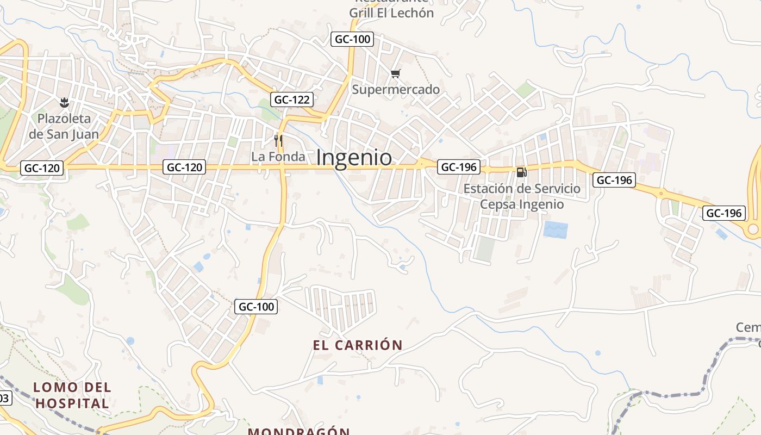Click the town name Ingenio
[354, 158]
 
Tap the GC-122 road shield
[292, 100]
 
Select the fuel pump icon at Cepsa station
[521, 172]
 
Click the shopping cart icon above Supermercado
[396, 73]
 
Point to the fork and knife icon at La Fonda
[278, 141]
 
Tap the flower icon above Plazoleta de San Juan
[64, 102]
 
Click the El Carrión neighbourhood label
[358, 345]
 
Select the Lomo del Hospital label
[72, 395]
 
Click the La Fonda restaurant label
[278, 157]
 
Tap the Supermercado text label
[396, 89]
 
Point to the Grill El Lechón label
[391, 12]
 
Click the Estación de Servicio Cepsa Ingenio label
[522, 196]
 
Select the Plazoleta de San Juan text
[64, 126]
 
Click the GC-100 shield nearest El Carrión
[257, 307]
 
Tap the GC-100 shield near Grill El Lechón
[352, 39]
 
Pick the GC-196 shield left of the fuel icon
[459, 167]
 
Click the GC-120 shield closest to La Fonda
[185, 167]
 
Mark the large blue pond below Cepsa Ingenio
[555, 229]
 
